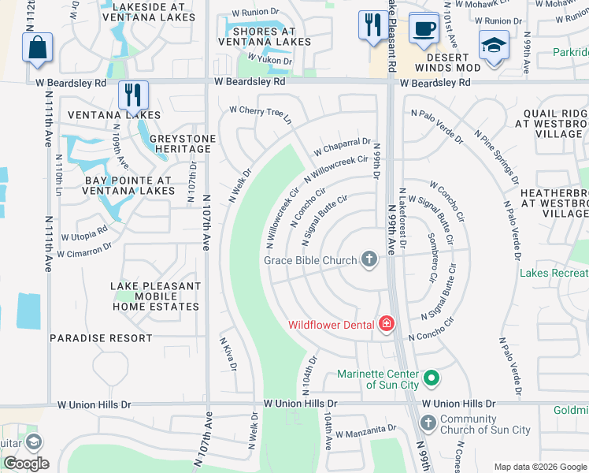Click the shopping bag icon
[x=37, y=47]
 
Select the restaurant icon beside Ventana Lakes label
[x=133, y=95]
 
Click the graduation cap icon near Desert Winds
[x=495, y=47]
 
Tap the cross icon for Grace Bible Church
[x=369, y=259]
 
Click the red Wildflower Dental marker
[x=386, y=324]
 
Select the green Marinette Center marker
[x=431, y=378]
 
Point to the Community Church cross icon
[x=428, y=423]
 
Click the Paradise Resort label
[x=101, y=338]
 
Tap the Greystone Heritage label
[x=183, y=144]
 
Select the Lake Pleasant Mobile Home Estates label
[x=155, y=296]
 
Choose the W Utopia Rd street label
[x=81, y=234]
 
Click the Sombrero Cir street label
[x=432, y=258]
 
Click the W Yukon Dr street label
[x=270, y=59]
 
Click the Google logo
[x=25, y=464]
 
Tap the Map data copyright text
[x=539, y=467]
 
